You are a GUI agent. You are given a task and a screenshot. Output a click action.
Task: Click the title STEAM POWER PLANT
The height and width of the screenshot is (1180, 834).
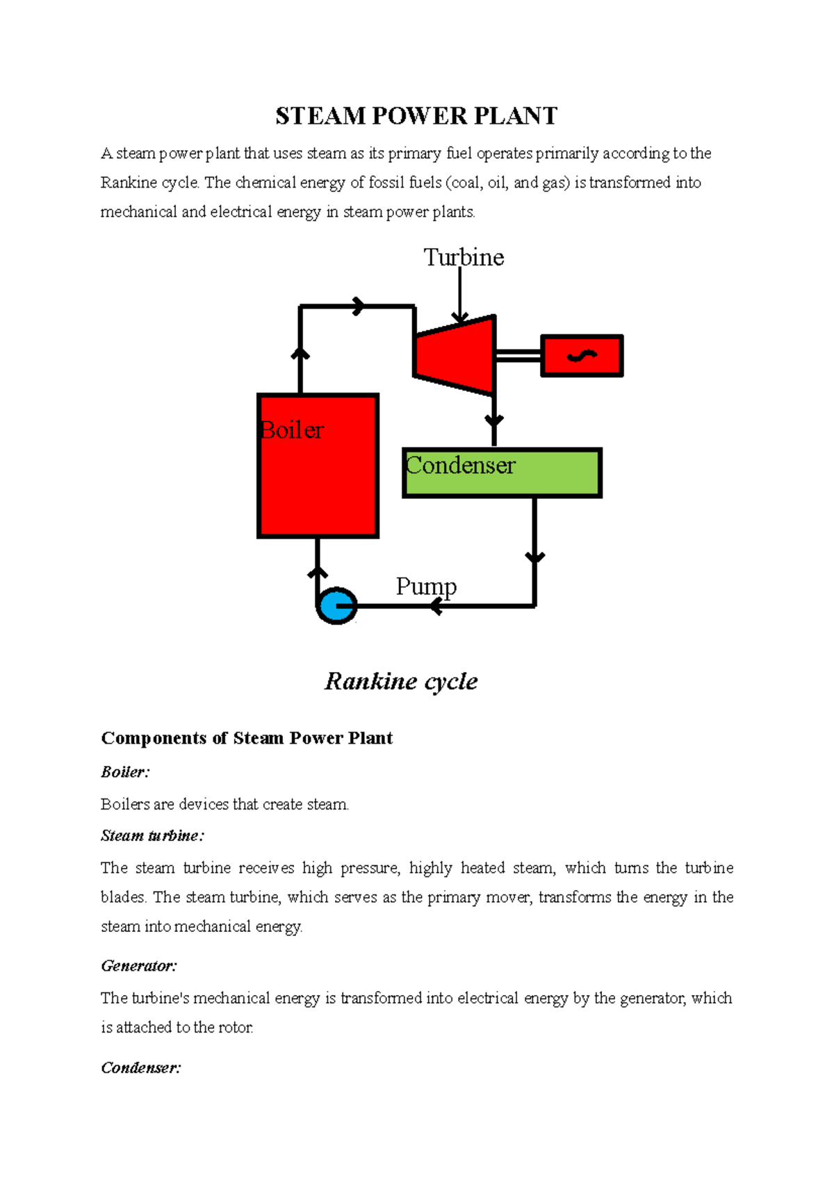[416, 116]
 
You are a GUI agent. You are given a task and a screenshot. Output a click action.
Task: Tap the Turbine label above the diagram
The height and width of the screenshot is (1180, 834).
[464, 258]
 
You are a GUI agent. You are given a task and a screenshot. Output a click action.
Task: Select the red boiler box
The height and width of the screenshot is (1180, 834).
[318, 480]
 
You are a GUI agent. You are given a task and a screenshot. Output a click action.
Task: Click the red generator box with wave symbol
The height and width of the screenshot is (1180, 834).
[582, 356]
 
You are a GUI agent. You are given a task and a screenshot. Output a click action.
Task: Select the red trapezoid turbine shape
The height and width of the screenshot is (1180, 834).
[455, 355]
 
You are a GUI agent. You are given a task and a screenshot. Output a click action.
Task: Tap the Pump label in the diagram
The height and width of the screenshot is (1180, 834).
[426, 587]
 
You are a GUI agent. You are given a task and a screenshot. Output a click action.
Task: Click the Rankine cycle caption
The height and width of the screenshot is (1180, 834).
[401, 681]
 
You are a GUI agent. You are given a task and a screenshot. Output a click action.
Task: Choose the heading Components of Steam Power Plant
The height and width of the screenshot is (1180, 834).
[247, 738]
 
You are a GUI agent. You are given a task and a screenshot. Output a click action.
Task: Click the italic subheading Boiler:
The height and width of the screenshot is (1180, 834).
[125, 772]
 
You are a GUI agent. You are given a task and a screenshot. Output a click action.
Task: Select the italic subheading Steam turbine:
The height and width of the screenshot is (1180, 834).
[152, 836]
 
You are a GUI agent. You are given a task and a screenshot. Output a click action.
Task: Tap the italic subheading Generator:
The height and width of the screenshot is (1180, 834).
[139, 966]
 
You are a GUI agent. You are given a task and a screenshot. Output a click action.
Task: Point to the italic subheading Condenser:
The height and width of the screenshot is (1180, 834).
[141, 1068]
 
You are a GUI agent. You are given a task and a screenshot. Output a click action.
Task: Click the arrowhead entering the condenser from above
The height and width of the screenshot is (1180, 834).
[494, 421]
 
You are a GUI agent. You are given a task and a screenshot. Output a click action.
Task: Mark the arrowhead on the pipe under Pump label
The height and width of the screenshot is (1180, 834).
[436, 607]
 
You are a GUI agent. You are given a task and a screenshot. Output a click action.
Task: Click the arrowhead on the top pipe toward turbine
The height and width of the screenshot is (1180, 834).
[359, 306]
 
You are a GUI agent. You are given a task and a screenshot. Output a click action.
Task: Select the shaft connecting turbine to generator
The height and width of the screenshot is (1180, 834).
[518, 356]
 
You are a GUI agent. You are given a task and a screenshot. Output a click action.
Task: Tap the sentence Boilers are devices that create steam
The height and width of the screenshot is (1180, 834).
[224, 805]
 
